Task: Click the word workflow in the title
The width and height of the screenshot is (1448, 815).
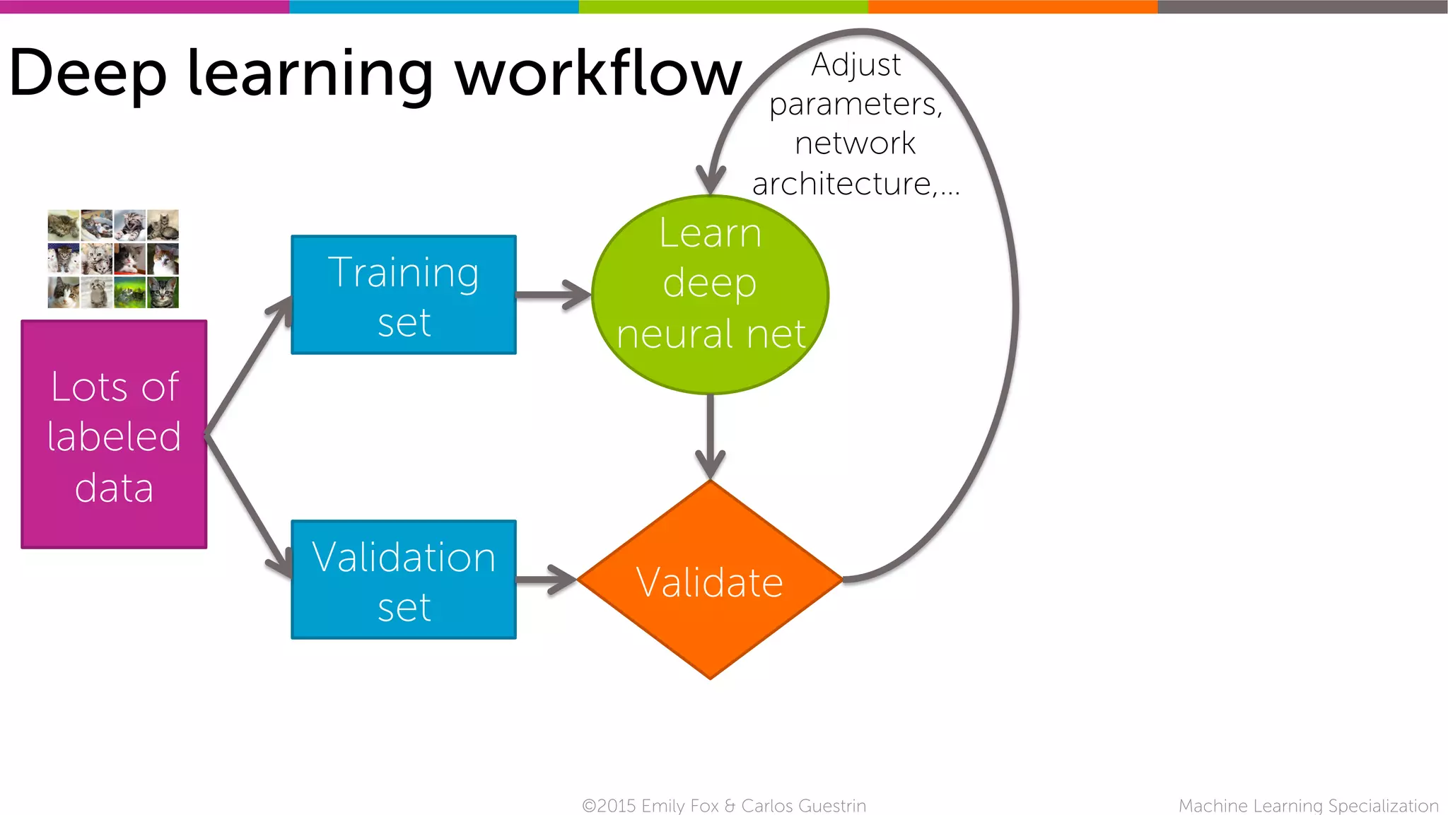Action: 597,74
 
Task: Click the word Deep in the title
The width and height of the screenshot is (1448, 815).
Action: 88,74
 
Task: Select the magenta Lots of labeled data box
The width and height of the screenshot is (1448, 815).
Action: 114,434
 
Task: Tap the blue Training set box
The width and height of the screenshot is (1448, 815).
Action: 404,295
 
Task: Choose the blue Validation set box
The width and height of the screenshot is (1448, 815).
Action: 404,580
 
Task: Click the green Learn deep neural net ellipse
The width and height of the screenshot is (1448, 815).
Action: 710,295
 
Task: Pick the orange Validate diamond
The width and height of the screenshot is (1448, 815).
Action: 710,580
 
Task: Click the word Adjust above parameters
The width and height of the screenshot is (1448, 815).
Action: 856,65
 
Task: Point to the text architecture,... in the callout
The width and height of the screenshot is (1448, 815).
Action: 856,184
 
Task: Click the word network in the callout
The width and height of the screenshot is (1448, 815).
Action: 856,143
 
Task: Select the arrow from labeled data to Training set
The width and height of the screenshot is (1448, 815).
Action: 247,368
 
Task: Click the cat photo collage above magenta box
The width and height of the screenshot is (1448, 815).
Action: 113,259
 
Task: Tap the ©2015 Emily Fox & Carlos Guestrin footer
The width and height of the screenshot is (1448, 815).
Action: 723,806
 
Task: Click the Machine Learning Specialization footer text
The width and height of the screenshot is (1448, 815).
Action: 1308,806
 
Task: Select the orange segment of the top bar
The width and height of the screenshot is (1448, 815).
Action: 1012,6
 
